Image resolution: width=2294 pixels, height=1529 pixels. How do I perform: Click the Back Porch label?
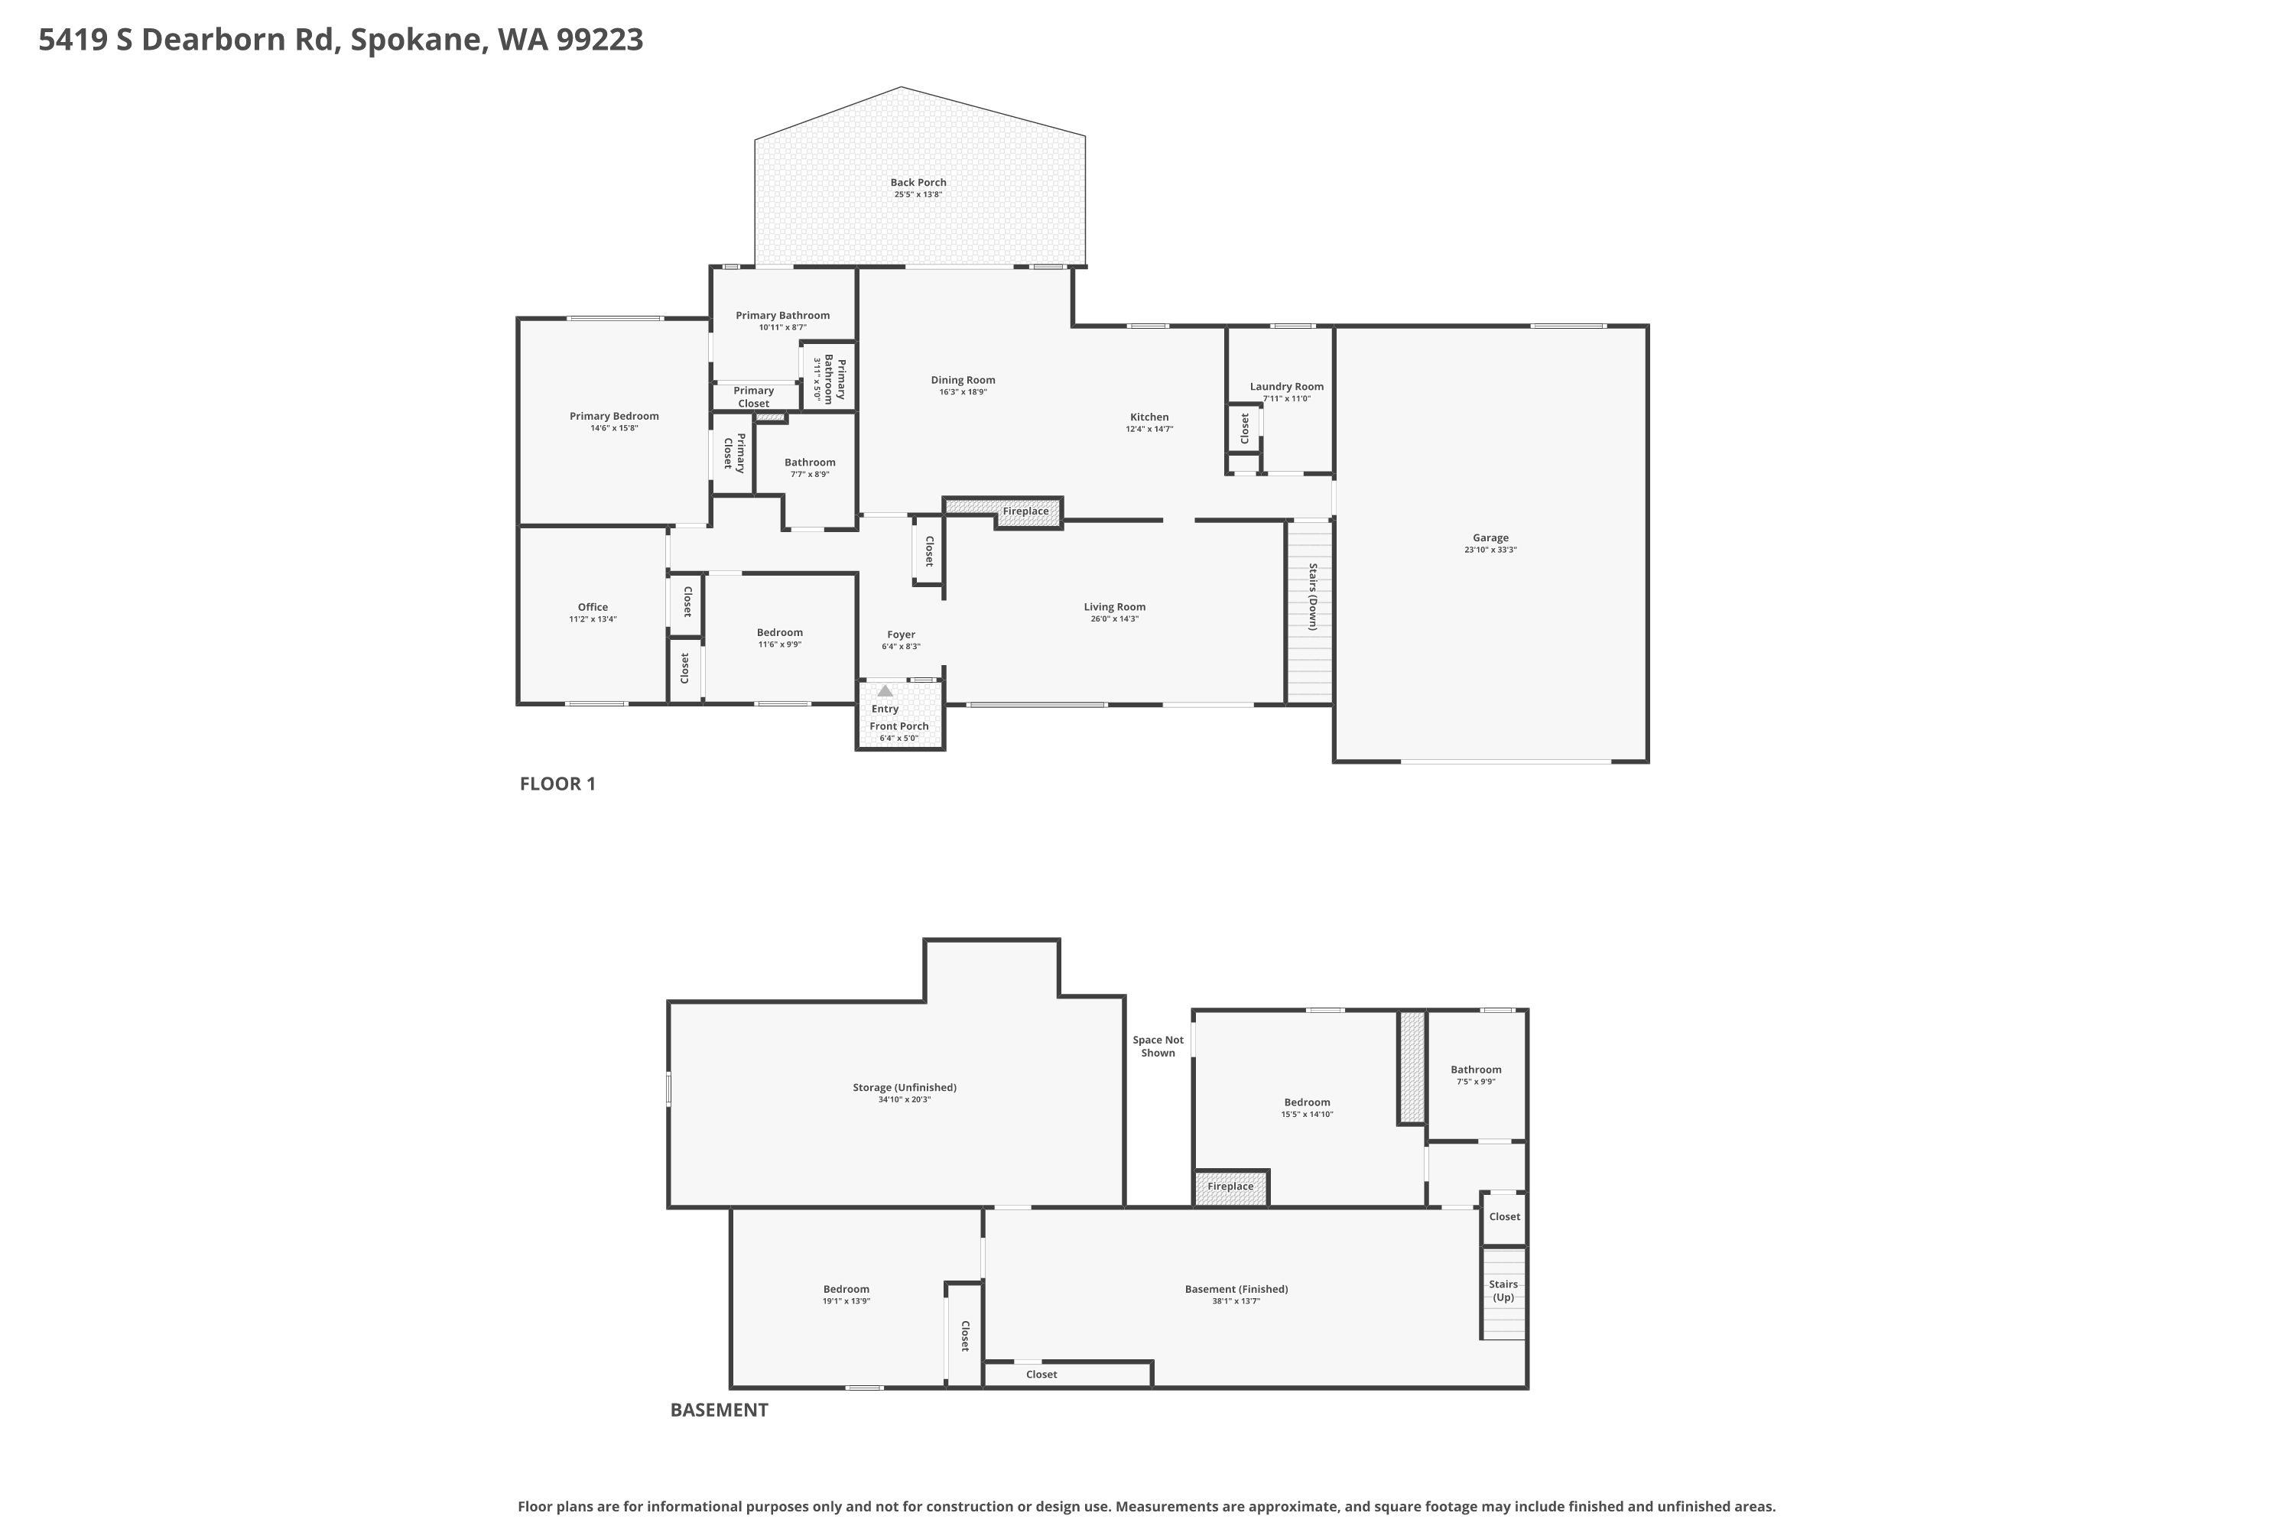tap(918, 183)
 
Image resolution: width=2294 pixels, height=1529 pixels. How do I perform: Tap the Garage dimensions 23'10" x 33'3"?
tap(1490, 550)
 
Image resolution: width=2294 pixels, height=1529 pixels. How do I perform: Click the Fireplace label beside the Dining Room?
tap(1025, 511)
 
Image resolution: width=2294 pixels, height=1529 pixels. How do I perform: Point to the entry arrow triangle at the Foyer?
tap(885, 690)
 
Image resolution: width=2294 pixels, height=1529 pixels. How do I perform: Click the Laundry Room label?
tap(1286, 386)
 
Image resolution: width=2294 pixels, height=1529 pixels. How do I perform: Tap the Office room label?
tap(592, 606)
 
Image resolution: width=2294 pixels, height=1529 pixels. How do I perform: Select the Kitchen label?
tap(1149, 417)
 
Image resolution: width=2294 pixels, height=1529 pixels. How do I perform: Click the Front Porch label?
tap(898, 726)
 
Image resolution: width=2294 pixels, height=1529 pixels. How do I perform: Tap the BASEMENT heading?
tap(719, 1409)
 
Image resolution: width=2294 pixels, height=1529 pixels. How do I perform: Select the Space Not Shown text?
tap(1158, 1047)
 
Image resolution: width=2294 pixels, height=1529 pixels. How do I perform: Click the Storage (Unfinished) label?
tap(904, 1087)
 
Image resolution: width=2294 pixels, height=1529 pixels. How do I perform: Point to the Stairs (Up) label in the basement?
tap(1503, 1290)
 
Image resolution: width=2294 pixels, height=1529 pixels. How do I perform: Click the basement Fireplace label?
tap(1230, 1187)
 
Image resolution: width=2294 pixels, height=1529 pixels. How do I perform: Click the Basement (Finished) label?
tap(1236, 1289)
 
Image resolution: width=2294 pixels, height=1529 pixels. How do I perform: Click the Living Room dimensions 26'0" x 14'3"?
tap(1114, 619)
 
